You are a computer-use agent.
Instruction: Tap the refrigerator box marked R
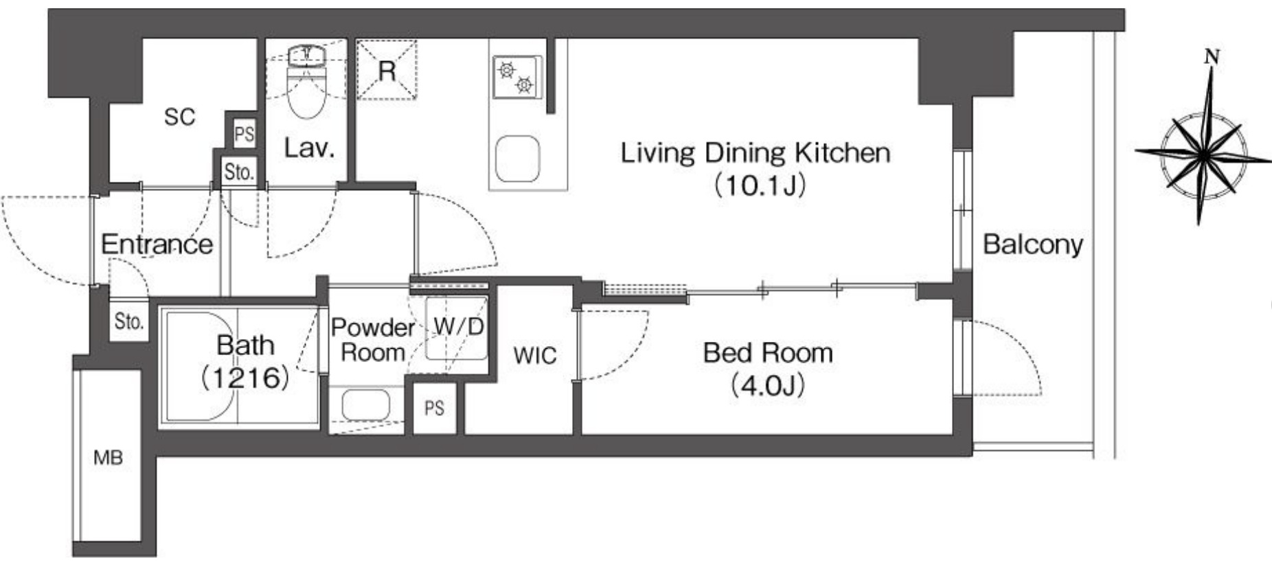pos(387,69)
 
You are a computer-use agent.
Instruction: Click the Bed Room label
pos(768,369)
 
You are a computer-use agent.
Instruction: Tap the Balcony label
pos(1033,244)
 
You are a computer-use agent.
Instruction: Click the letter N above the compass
pos(1212,57)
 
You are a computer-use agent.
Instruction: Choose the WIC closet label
pos(535,356)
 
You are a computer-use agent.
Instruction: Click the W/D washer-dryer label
pos(459,326)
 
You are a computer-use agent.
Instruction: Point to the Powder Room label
pos(373,340)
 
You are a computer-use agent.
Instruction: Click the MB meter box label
pos(109,457)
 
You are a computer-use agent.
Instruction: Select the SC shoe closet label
pos(180,117)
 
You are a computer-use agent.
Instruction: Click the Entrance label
pos(157,244)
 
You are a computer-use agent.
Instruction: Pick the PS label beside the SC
pos(245,134)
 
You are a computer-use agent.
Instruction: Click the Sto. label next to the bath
pos(128,321)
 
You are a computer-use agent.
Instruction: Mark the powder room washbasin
pos(366,404)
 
